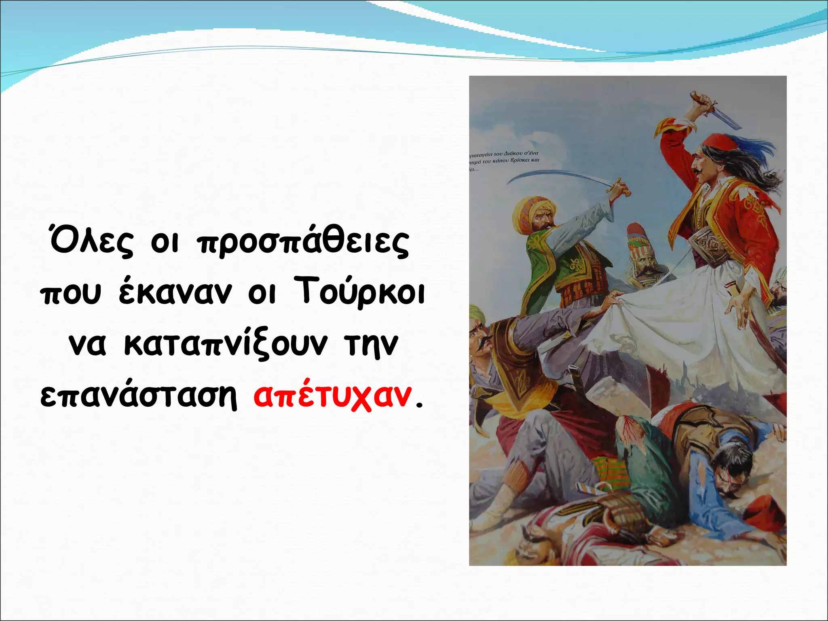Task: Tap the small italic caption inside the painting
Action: click(503, 161)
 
